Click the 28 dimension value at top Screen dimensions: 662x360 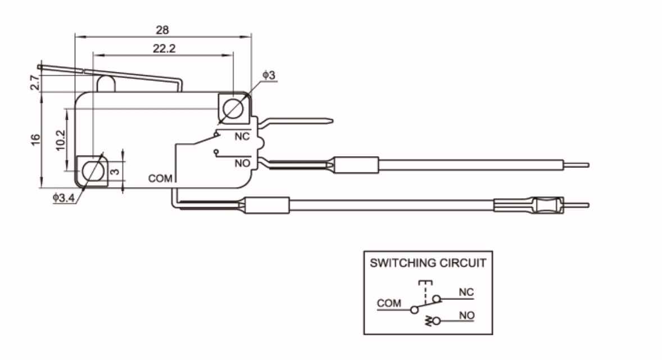[162, 30]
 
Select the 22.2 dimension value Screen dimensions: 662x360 [164, 48]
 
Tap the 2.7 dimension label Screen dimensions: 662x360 [35, 83]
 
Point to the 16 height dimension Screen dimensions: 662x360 [35, 140]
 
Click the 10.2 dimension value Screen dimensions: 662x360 [60, 140]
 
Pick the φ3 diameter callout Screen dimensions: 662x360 [269, 75]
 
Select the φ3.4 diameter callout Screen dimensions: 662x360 [64, 198]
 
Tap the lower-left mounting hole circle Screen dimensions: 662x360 [93, 171]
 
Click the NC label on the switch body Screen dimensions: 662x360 [242, 136]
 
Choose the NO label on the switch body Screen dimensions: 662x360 [242, 163]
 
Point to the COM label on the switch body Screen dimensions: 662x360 [160, 179]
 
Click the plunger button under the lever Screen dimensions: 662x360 [106, 84]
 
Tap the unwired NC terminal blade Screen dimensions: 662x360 [296, 121]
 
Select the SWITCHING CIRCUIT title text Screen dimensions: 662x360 [428, 263]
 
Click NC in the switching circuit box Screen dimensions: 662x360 [466, 292]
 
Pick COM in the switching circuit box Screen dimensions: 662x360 [389, 303]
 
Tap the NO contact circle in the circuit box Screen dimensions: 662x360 [437, 321]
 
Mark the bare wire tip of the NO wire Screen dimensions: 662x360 [576, 165]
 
